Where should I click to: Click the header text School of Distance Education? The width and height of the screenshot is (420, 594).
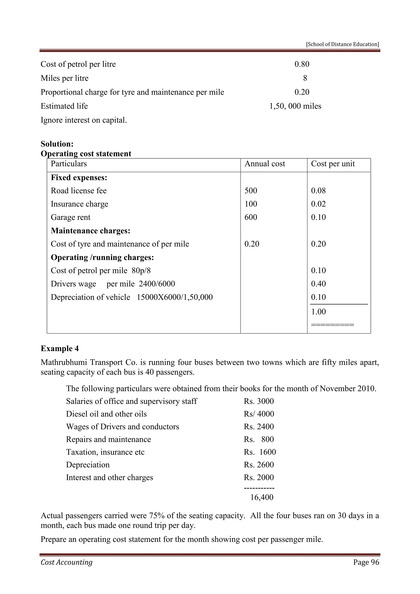click(x=342, y=44)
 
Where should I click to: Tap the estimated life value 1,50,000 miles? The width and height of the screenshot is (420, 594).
click(x=295, y=106)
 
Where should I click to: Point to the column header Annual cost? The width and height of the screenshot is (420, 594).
click(x=265, y=164)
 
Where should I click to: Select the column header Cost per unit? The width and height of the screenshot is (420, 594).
click(x=333, y=164)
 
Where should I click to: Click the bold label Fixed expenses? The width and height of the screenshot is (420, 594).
click(x=79, y=178)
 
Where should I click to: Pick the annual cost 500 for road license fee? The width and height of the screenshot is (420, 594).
click(x=251, y=191)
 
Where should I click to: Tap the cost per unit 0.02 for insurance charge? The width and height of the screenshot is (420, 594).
click(x=318, y=204)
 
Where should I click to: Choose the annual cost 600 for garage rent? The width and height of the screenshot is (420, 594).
click(x=251, y=217)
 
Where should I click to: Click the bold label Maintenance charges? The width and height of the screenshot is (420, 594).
click(x=90, y=231)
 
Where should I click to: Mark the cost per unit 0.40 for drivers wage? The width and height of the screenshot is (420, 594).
click(x=318, y=284)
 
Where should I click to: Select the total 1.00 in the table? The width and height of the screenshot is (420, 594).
click(x=318, y=312)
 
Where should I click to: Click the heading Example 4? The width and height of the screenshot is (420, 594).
click(x=59, y=348)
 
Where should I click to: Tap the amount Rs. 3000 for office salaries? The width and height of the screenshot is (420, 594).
click(x=259, y=401)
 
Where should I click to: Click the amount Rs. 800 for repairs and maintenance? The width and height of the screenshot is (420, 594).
click(x=259, y=439)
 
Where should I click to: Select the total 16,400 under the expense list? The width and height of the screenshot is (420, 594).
click(x=261, y=497)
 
